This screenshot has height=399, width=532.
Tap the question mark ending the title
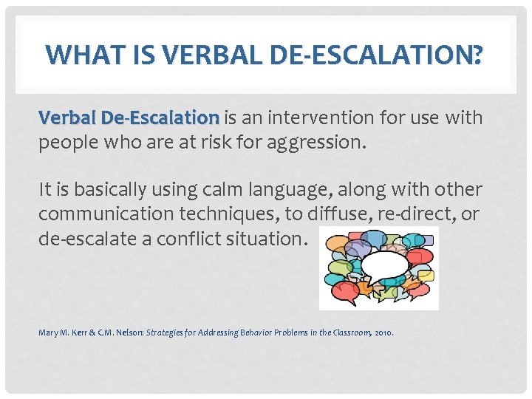pyautogui.click(x=479, y=55)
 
